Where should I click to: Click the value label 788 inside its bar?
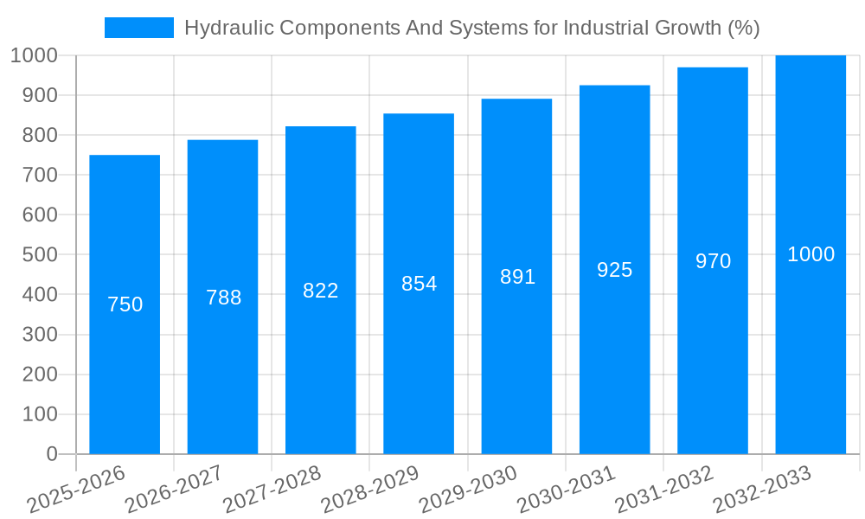pos(223,298)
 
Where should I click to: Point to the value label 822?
pos(321,291)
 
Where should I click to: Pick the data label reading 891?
pos(517,277)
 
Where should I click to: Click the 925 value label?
pos(615,270)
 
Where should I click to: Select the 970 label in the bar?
pos(713,261)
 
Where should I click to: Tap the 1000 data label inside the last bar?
pos(811,254)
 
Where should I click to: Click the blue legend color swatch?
pos(138,28)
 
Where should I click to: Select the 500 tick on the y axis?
pos(40,255)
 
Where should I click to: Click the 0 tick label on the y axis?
pos(51,454)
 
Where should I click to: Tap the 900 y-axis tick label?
pos(40,95)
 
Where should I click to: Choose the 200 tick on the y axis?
pos(40,375)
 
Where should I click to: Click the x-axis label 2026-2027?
pos(174,490)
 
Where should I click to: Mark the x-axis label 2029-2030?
pos(468,490)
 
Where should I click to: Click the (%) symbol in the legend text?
pos(744,28)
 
